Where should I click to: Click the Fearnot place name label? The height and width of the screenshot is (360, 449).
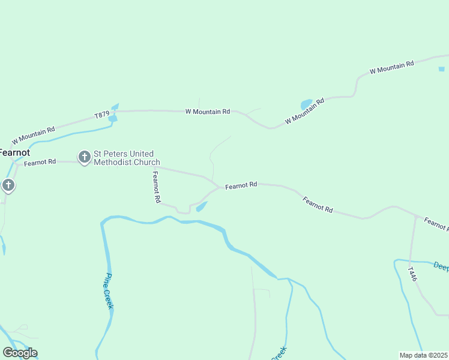(x=14, y=152)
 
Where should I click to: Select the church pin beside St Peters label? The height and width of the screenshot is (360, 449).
(x=85, y=157)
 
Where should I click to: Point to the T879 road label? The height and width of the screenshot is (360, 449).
(x=101, y=115)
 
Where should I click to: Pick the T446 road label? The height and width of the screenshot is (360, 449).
(x=412, y=275)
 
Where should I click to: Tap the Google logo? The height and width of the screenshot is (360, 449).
(x=20, y=353)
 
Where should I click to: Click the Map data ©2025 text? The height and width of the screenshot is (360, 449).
(x=424, y=355)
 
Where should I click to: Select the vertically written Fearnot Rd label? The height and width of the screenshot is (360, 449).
(x=156, y=186)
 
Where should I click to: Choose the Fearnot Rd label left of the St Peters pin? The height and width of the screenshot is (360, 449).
(x=40, y=162)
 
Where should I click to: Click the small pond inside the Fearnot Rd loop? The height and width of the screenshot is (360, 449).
(x=202, y=206)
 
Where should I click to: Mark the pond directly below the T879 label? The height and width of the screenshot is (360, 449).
(x=112, y=118)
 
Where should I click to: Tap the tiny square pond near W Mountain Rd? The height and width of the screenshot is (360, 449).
(x=442, y=69)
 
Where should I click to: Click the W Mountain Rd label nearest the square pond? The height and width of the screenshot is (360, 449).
(x=392, y=67)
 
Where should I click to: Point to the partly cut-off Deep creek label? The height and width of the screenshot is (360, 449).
(x=441, y=266)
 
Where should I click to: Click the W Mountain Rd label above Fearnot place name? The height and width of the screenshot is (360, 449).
(x=33, y=134)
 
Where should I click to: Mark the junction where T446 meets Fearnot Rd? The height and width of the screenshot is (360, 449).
(x=415, y=216)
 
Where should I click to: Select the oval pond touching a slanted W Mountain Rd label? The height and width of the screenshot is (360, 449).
(x=306, y=104)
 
